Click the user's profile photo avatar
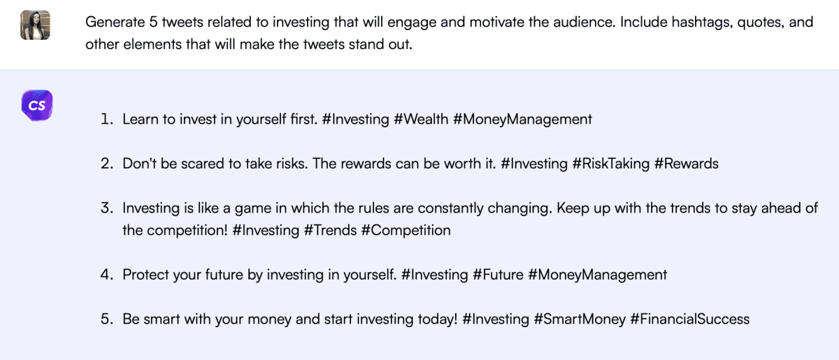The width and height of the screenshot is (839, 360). (x=35, y=24)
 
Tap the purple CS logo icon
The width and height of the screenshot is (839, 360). (x=36, y=106)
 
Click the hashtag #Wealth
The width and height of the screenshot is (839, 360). (x=421, y=119)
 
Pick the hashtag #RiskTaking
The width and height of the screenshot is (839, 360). (x=611, y=164)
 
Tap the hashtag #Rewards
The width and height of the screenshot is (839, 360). (x=687, y=164)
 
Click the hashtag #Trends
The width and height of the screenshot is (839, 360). (x=330, y=230)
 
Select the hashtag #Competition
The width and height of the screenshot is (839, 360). (x=406, y=231)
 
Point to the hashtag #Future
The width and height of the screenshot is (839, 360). (x=498, y=275)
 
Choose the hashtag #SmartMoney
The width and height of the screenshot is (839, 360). (x=580, y=319)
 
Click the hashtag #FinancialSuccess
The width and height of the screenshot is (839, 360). (x=690, y=319)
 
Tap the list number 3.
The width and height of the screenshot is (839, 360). (x=107, y=208)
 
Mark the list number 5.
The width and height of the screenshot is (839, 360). (x=107, y=319)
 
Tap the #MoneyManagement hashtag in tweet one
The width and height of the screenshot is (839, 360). (x=522, y=120)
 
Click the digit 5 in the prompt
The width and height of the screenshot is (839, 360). (x=153, y=22)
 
